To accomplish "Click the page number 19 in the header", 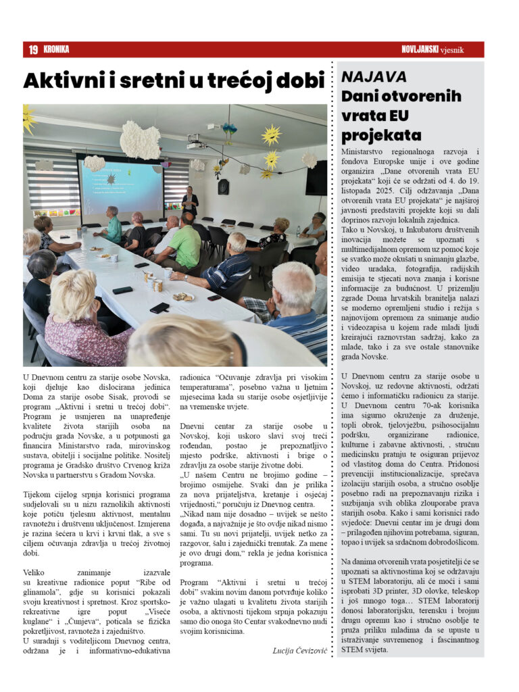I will (32, 49).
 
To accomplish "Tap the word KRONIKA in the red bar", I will (56, 49).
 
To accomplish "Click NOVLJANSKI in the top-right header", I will (420, 49).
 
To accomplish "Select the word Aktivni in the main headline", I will (62, 80).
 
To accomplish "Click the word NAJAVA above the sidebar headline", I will (374, 76).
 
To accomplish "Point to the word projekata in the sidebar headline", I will (382, 134).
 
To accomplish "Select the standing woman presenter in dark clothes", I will (190, 203).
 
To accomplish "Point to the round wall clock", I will (223, 187).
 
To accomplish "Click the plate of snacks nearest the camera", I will (182, 296).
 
